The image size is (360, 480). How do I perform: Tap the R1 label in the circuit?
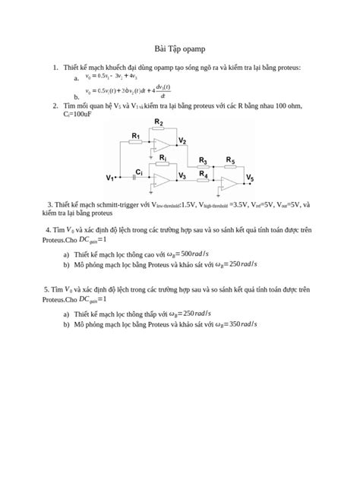136,137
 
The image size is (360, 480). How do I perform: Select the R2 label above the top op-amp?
159,122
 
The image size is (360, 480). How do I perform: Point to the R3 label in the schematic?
203,160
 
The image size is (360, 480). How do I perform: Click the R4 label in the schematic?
204,175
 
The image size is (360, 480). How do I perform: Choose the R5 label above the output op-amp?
230,160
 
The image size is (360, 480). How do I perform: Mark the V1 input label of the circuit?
111,178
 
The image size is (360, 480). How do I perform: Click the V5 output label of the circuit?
250,178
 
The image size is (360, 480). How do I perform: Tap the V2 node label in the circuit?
183,141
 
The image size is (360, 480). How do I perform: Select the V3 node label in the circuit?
182,175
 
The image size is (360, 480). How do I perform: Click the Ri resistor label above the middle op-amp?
163,157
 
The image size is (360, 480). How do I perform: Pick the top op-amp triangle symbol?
161,144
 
